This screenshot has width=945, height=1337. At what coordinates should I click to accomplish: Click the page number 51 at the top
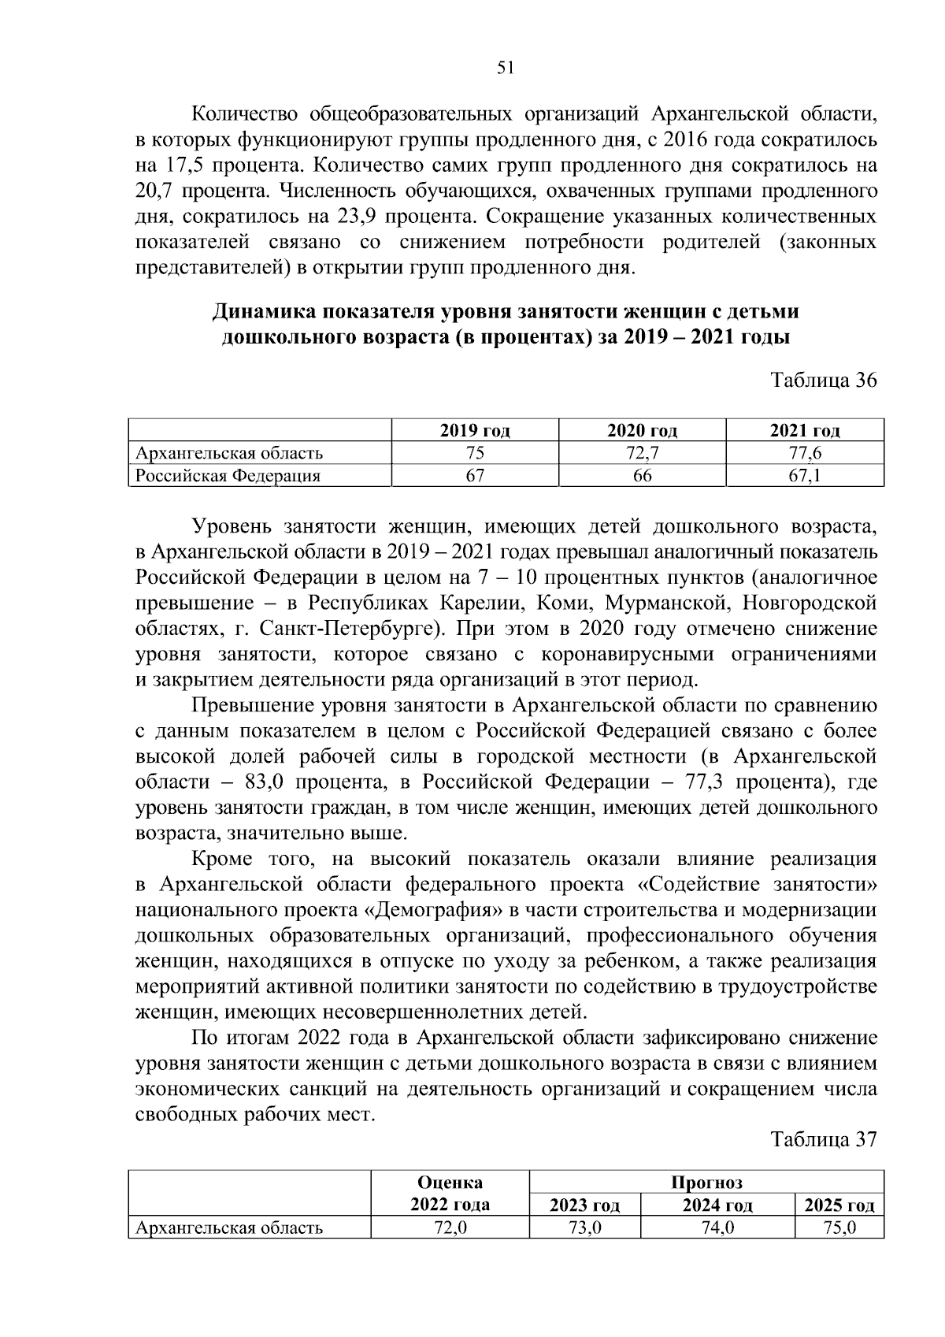pos(506,68)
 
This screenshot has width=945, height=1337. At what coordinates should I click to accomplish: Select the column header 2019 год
pos(475,431)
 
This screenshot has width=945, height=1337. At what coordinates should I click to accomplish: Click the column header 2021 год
pos(804,431)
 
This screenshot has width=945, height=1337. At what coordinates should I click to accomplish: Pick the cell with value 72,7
pos(642,453)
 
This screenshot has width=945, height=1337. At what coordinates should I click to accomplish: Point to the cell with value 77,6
pos(804,453)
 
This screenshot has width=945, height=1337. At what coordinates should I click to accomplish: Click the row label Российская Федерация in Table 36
pos(228,476)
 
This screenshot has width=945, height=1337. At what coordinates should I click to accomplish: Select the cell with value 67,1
pos(804,476)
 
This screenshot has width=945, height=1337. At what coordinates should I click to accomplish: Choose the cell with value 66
pos(642,476)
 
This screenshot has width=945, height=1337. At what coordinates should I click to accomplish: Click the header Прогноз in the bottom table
pos(706,1183)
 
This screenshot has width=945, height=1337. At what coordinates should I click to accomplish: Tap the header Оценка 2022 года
pos(450,1193)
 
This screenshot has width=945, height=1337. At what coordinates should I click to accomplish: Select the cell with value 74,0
pos(717,1227)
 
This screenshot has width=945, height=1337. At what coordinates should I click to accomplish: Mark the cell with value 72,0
pos(450,1227)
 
